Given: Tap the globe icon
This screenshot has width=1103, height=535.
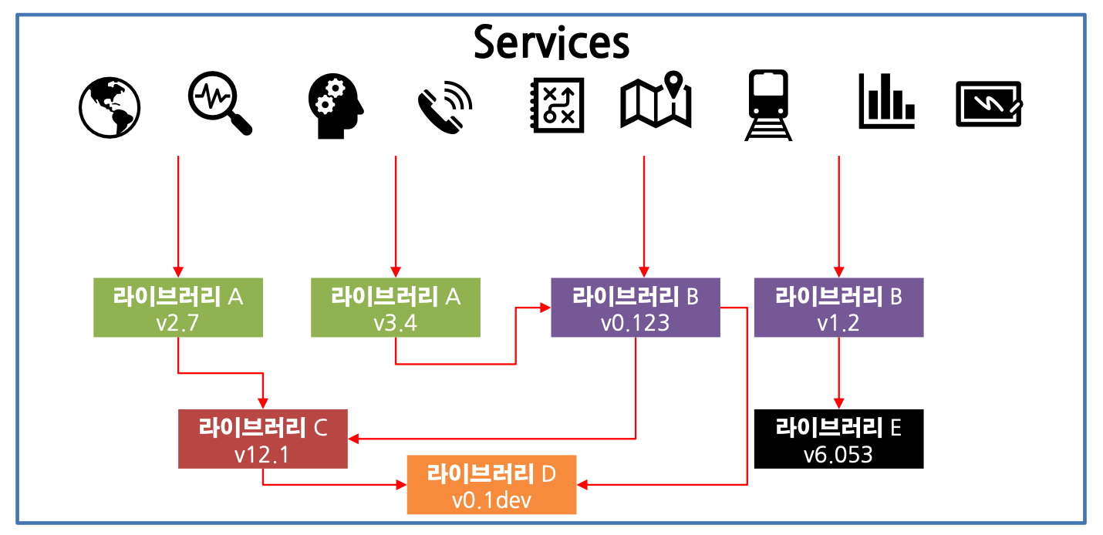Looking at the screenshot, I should pos(110,106).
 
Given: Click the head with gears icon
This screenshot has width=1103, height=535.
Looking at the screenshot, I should pos(335,106).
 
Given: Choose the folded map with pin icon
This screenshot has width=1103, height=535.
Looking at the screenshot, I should pos(656,101).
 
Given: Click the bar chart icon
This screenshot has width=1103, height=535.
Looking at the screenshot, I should pos(886,101).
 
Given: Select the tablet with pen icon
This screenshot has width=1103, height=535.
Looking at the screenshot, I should pos(989,104).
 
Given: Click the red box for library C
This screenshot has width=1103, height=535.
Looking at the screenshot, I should pos(263,439).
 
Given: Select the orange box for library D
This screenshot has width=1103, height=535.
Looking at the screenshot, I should pos(491,485).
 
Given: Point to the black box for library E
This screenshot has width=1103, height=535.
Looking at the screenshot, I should pos(838,439).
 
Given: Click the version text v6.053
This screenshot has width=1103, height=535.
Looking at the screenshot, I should pos(838,454).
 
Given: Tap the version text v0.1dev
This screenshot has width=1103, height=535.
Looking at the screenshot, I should pos(491,500).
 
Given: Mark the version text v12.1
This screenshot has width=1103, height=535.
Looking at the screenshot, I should pos(262,455).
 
